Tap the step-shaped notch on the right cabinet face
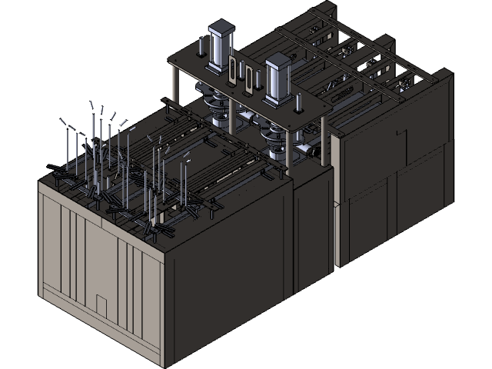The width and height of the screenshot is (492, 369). pyautogui.click(x=401, y=135)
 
